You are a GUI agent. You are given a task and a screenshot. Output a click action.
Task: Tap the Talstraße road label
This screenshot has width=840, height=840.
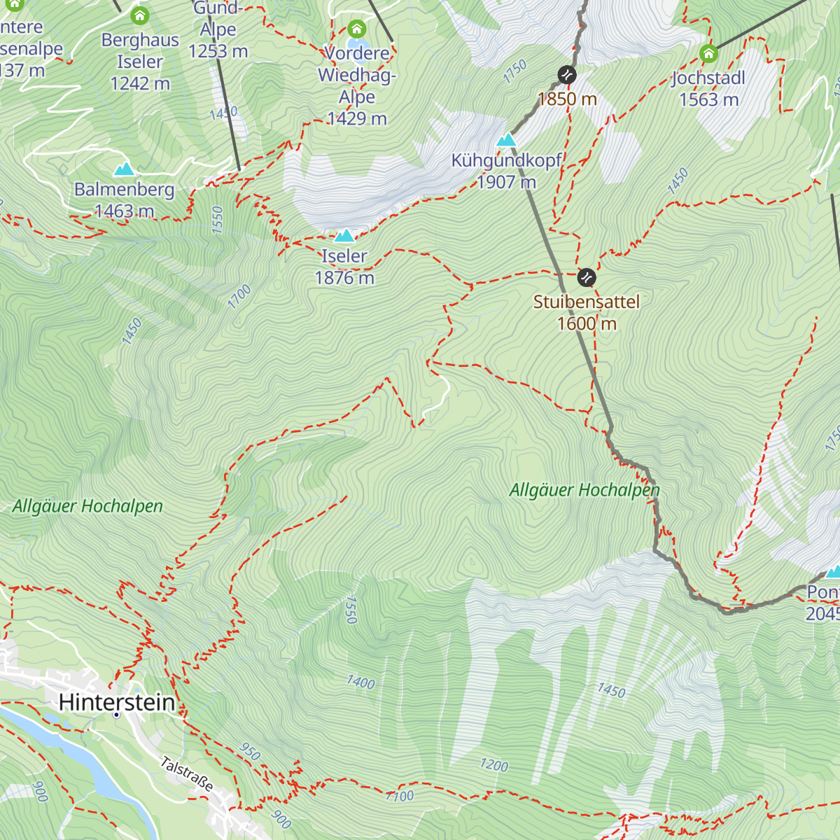coord(187,773)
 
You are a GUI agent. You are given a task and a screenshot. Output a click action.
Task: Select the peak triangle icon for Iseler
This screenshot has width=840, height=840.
coord(344,235)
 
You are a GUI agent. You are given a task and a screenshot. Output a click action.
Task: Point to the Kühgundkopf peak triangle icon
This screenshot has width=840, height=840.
coord(506,140)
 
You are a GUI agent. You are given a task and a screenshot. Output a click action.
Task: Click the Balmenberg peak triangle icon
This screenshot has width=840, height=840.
coord(125,169)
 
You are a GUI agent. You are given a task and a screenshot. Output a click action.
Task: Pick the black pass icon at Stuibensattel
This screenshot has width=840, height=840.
coord(587,278)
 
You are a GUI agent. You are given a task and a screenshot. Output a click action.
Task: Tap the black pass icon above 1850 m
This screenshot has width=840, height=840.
coord(567,75)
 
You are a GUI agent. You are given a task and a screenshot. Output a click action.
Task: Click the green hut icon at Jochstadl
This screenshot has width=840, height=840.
coord(708,54)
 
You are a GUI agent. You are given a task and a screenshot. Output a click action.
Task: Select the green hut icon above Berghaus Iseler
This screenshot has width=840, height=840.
coord(140,15)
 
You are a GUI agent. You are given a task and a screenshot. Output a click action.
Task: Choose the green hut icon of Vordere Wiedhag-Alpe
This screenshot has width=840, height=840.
coord(357,29)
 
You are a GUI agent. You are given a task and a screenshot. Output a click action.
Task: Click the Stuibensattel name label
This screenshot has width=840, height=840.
coord(587,302)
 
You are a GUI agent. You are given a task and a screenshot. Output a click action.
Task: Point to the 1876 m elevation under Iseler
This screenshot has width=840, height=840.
coord(344,278)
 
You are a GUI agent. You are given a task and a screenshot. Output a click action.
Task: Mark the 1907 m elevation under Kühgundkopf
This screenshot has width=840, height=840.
coord(507,183)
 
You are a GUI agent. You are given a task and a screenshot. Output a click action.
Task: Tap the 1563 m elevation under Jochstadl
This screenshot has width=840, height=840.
coord(708,99)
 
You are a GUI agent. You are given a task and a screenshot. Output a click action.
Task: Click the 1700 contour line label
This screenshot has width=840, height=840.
coord(239,297)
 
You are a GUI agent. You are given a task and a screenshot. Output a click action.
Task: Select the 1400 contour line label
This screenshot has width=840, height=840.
coord(360,682)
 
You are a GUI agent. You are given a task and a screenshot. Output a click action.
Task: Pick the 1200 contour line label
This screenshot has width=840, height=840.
coord(493,765)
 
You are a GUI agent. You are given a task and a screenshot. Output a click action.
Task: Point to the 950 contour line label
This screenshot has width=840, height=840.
coord(250,752)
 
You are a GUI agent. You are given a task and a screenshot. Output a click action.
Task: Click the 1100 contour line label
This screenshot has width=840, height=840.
coord(400,796)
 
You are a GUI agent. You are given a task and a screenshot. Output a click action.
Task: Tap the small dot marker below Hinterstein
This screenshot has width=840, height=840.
coord(116,715)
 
